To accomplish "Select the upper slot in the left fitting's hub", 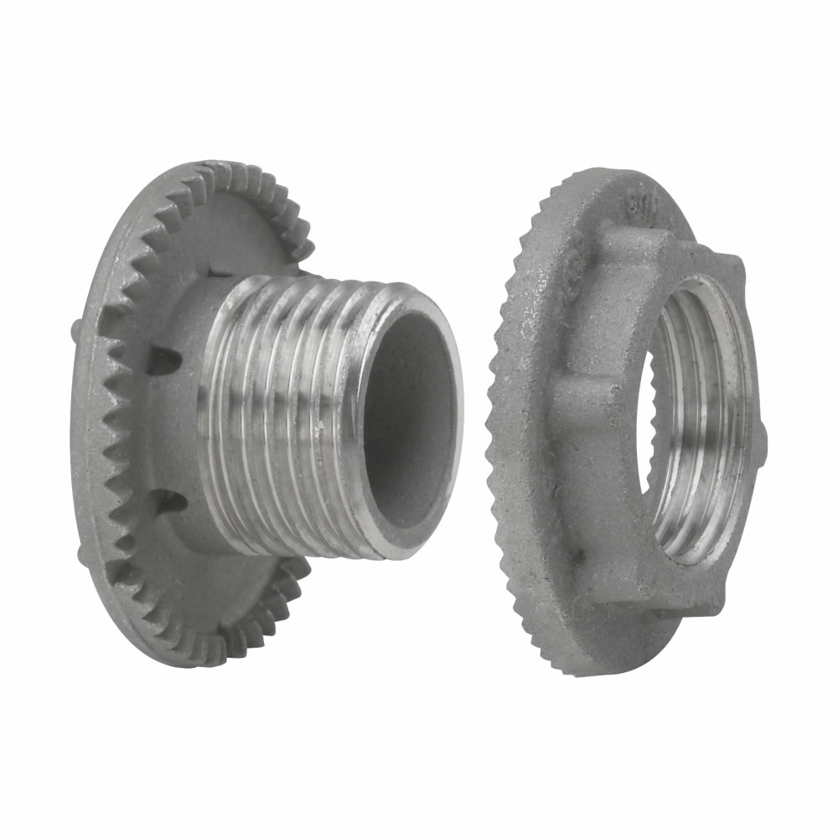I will point(165,360).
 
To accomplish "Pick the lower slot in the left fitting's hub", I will point(168,500).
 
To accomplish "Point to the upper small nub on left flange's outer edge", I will point(78,325).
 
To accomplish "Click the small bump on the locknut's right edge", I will point(762,436).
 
